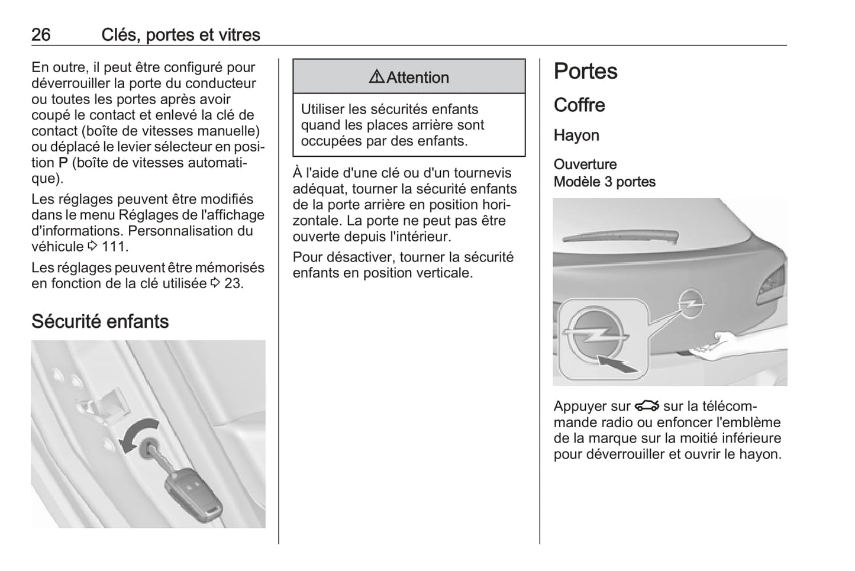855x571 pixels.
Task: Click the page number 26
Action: pos(41,35)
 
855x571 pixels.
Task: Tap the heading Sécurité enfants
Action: pos(100,321)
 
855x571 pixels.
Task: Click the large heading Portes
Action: pos(585,72)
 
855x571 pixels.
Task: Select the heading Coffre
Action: pos(579,105)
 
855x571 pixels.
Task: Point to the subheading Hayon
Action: pos(576,136)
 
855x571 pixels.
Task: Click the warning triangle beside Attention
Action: pos(376,77)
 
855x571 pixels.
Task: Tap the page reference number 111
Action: pos(115,247)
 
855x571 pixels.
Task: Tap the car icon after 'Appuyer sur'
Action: pos(647,406)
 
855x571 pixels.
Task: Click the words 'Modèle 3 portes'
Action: pos(604,182)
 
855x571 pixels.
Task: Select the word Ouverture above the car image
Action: pos(585,164)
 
